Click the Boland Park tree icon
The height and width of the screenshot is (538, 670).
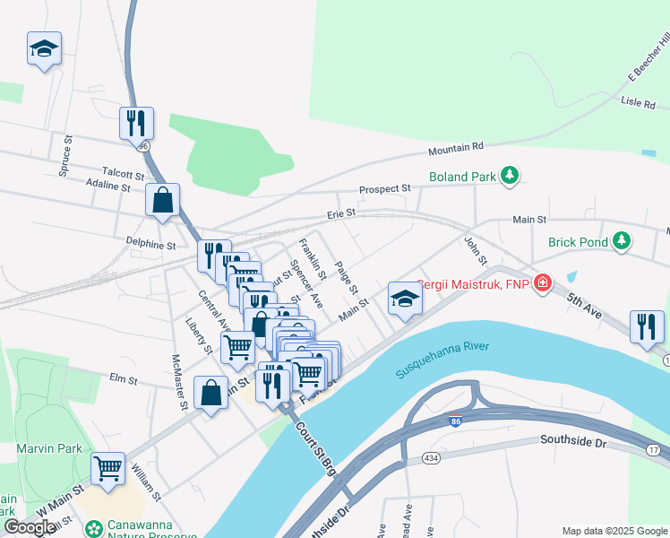[510, 176]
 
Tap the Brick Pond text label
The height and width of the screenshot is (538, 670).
[577, 242]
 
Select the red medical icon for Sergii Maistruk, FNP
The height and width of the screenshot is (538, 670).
[542, 284]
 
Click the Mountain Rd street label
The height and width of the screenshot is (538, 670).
[455, 146]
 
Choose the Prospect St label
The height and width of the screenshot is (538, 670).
[384, 189]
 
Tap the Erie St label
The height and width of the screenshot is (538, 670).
[340, 213]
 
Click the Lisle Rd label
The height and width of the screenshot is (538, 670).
[638, 103]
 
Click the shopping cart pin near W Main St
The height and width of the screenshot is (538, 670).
[108, 469]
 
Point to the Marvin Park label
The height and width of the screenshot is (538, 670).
[48, 448]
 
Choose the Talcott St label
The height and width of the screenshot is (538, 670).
[123, 171]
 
